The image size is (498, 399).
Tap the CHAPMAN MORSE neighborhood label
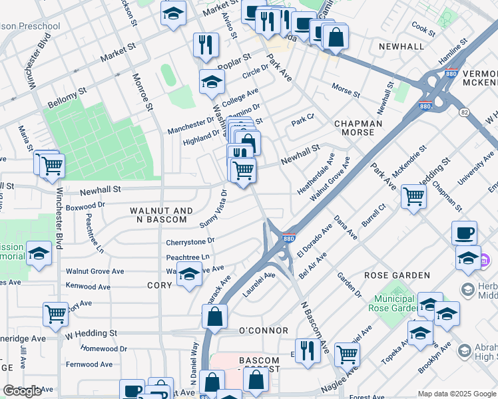(358, 128)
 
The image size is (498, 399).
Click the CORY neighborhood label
(160, 285)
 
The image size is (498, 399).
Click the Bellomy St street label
(68, 90)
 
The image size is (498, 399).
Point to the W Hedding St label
(91, 332)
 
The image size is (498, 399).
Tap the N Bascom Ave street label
(315, 328)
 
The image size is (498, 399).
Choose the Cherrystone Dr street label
(190, 241)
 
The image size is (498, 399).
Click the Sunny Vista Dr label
(217, 206)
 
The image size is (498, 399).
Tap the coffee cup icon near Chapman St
(465, 233)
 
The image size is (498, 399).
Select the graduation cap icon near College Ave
(212, 82)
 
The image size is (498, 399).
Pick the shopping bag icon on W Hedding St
(215, 317)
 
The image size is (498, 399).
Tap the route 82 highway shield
(463, 113)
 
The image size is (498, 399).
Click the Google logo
(23, 391)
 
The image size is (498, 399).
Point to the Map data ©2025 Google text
(456, 394)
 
